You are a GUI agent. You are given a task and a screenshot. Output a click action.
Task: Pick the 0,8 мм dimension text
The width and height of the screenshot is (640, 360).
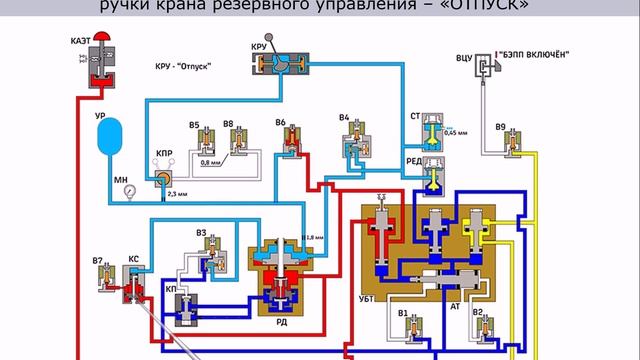click(211, 162)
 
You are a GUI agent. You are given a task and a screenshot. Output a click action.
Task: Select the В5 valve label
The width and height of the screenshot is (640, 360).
click(196, 125)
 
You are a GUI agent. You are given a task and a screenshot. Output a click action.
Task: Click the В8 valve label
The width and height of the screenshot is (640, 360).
click(229, 125)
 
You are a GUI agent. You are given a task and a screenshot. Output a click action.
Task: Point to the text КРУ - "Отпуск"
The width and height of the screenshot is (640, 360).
click(190, 67)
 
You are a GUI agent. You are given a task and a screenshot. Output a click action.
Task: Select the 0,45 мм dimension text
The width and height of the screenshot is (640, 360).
click(455, 133)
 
